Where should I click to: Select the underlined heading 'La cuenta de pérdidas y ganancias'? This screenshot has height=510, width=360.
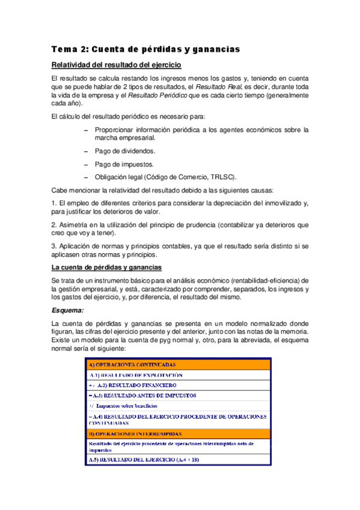[x=107, y=267]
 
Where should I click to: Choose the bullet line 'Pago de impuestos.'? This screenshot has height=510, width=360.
[x=124, y=164]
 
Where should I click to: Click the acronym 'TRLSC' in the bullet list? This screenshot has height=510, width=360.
[x=222, y=177]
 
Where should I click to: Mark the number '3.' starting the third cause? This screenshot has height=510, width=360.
[x=55, y=247]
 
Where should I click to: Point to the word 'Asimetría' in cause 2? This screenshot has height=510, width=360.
[x=76, y=225]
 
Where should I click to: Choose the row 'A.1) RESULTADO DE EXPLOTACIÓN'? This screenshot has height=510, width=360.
[x=136, y=375]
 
